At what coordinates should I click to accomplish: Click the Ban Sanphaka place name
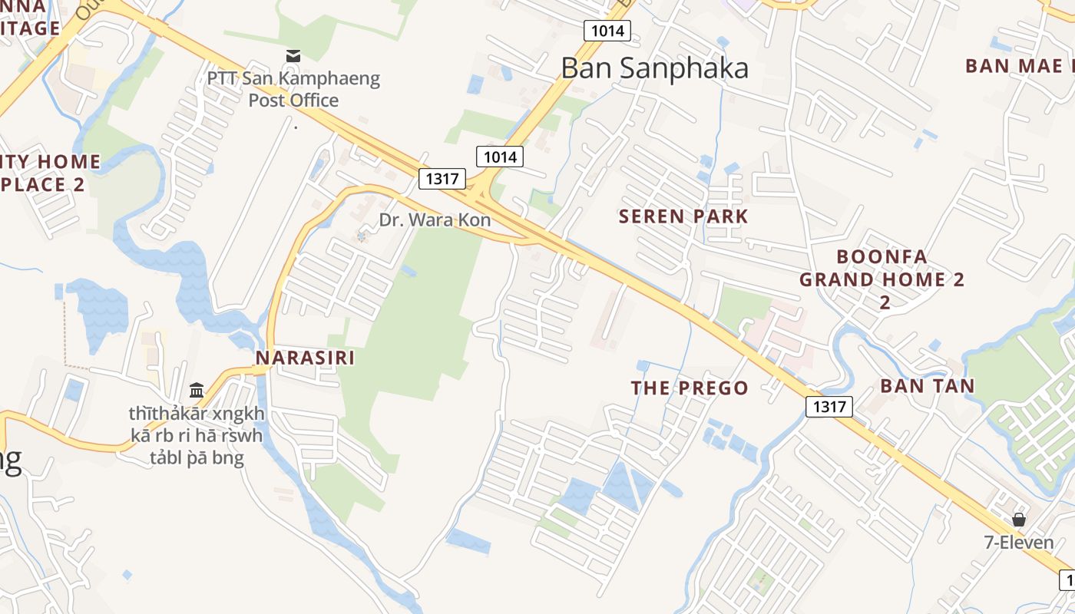point(654,68)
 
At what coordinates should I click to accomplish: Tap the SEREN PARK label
point(683,216)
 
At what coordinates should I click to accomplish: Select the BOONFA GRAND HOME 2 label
point(882,268)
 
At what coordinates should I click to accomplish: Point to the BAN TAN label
point(928,385)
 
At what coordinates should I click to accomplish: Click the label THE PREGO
point(690,388)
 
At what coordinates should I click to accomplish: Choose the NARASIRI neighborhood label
point(305,358)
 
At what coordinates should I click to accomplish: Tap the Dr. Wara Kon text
point(435,220)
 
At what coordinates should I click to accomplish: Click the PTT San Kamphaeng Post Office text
point(293,89)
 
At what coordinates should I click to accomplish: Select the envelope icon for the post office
point(293,55)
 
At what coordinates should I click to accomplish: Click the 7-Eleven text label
point(1019,543)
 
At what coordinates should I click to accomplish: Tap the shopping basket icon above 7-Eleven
point(1019,520)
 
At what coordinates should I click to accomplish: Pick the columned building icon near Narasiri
point(197,391)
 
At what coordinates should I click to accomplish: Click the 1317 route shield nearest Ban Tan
point(829,407)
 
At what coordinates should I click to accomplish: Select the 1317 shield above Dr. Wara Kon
point(442,179)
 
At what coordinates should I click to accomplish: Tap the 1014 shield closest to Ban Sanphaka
point(607,31)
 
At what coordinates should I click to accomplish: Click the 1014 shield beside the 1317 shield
point(500,157)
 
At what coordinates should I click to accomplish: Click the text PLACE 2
point(43,184)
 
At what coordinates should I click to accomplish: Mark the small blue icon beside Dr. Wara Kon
point(362,236)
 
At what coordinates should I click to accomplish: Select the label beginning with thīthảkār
point(197,437)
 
